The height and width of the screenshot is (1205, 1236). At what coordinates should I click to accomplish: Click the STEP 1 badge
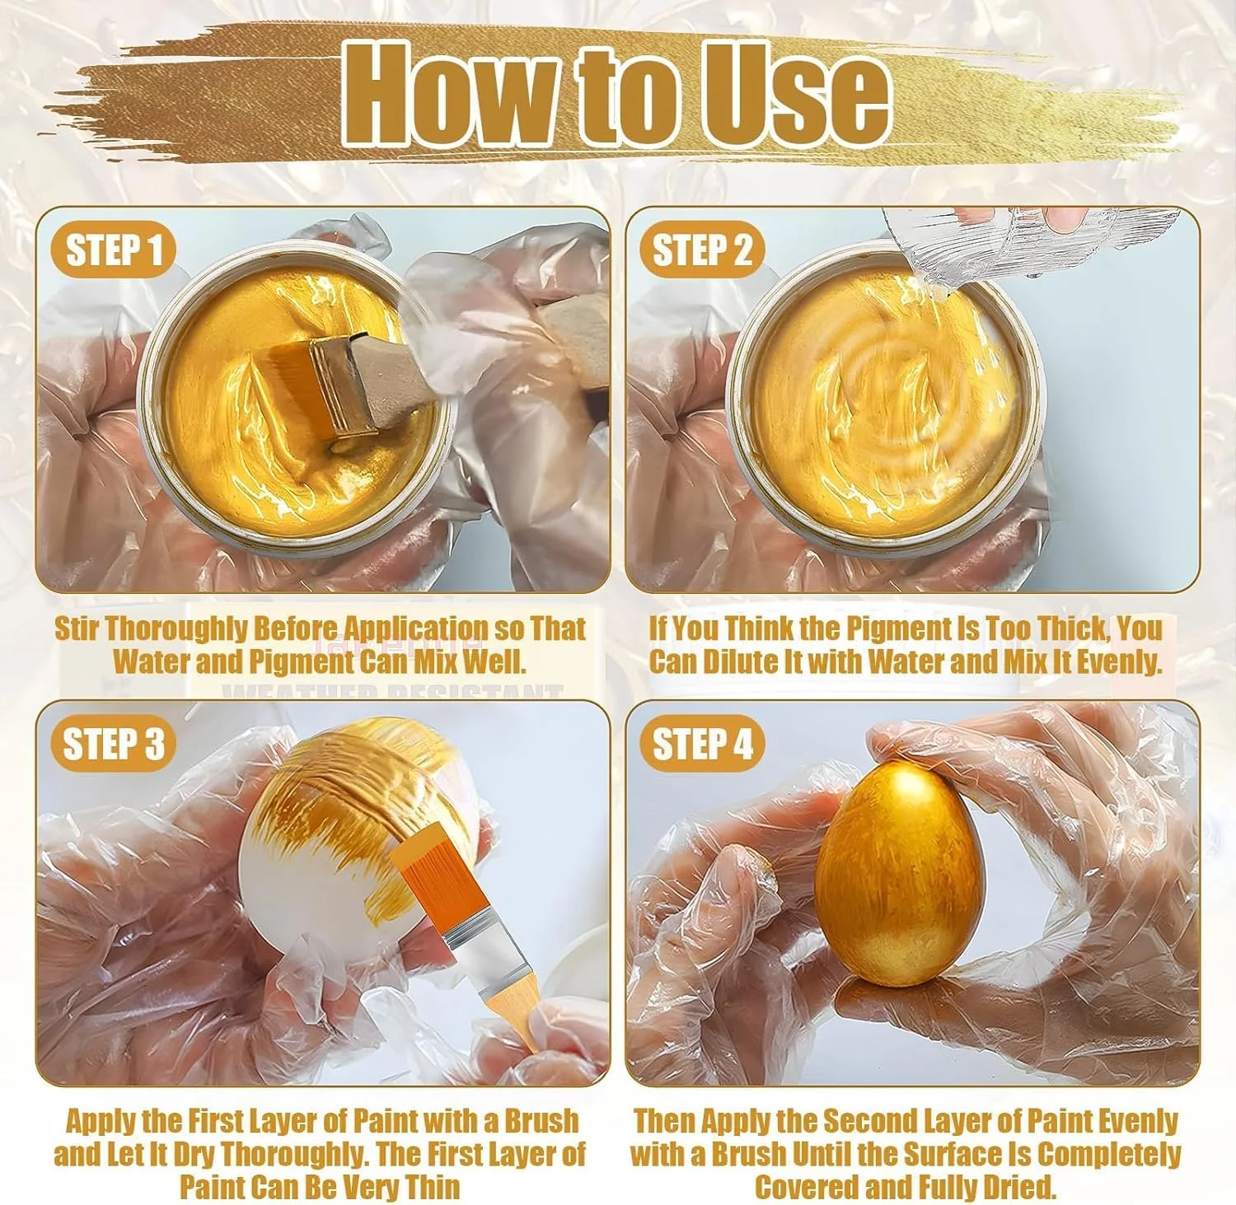click(x=113, y=250)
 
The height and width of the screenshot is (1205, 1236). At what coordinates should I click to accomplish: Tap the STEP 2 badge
click(x=702, y=250)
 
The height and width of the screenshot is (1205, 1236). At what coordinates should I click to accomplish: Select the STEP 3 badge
click(x=113, y=744)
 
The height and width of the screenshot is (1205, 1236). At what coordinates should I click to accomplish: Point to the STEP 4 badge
click(x=702, y=744)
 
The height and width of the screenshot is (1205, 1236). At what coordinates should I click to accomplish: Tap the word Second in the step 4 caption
click(x=873, y=1121)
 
